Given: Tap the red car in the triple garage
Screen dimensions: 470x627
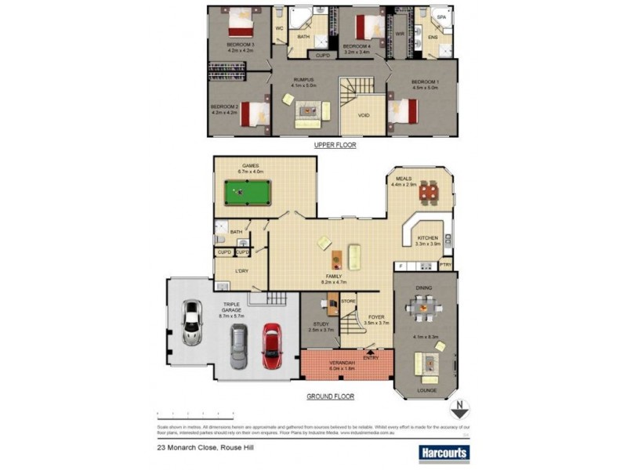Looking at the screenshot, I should point(270,345).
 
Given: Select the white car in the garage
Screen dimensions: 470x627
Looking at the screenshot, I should point(190,322).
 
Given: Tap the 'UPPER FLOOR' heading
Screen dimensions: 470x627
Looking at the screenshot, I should point(335,146).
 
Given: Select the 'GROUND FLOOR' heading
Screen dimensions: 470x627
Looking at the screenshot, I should point(329,396).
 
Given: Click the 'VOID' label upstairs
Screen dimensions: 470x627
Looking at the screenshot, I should point(364,115).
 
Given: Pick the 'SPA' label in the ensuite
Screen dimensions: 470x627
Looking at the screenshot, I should point(441,16).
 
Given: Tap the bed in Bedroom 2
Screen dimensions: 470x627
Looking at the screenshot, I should point(254,114).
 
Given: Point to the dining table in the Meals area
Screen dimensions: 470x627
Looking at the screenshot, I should point(427,191).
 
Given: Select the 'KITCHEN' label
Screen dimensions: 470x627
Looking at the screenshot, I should point(427,237).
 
